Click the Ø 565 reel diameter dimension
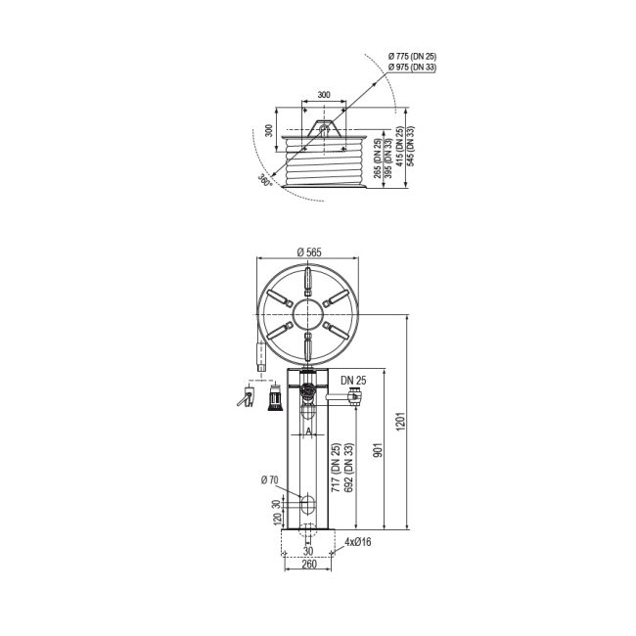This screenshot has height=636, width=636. point(308,252)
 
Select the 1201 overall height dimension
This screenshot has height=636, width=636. point(401,422)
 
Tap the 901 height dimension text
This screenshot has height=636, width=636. point(378,450)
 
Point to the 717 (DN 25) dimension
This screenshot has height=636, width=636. point(337,468)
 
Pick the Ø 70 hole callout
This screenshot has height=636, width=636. point(270,480)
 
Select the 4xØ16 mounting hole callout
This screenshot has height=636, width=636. point(358,542)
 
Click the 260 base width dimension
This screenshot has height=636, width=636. point(308,565)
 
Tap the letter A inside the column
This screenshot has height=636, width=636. point(308,432)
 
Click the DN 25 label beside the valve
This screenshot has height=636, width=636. point(353,381)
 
